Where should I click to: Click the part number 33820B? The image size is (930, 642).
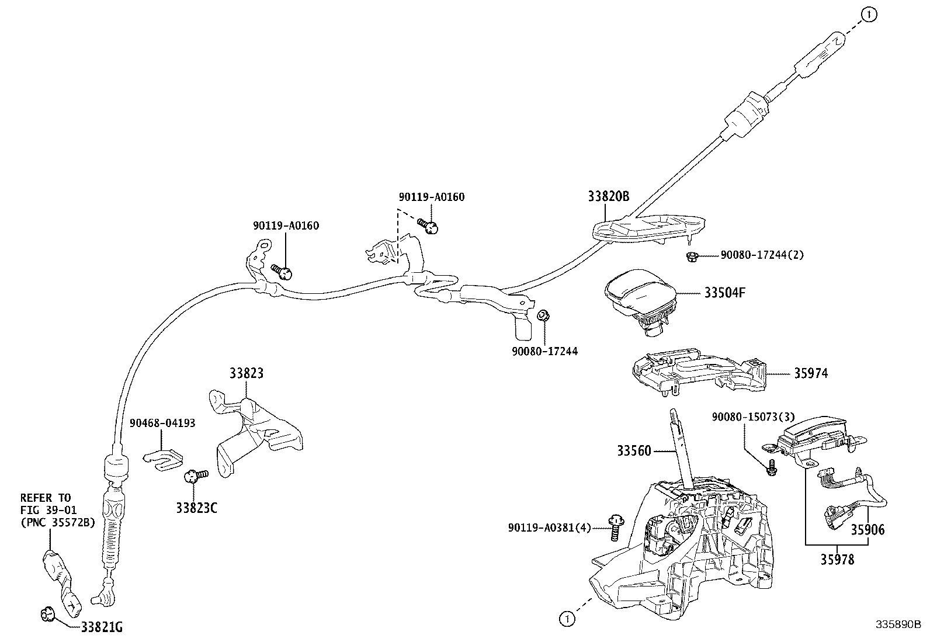coord(608,196)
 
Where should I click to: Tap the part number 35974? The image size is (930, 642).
coord(810,373)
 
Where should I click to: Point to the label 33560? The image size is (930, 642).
coord(634,450)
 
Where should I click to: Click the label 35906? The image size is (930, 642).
coord(867,530)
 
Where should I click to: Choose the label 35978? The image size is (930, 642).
coord(836,560)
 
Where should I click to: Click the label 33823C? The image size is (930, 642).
coord(197,508)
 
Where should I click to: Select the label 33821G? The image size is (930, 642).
coord(102,627)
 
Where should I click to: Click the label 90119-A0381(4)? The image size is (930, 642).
coord(549,528)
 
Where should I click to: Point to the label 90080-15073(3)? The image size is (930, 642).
coord(753,417)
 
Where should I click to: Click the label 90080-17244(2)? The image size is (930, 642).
coord(762,255)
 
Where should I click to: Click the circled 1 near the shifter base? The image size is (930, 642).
coord(566,618)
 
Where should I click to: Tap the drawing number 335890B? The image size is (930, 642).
coord(897,624)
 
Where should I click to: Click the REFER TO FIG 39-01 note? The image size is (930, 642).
coord(57,510)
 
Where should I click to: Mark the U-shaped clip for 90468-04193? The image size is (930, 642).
coord(163,457)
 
